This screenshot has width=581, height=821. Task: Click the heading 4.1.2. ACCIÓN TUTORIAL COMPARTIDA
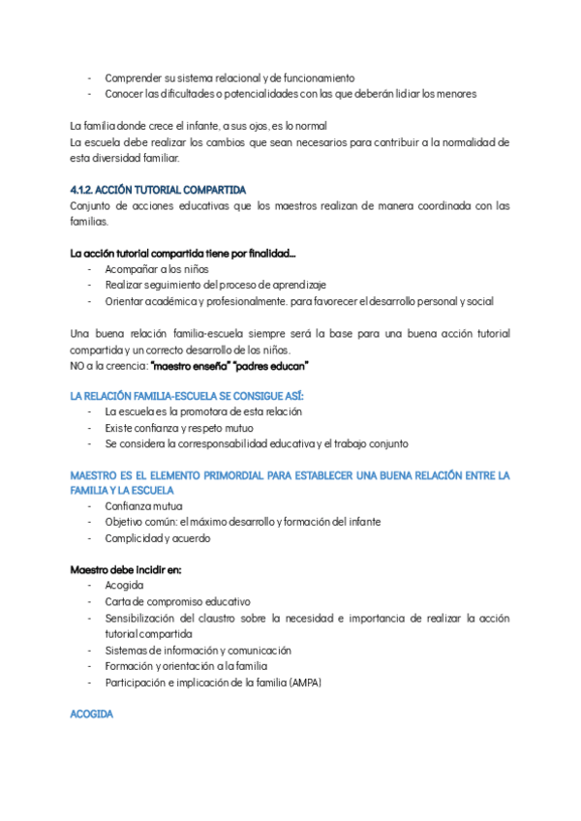[x=159, y=190]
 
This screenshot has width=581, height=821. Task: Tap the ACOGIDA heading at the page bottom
[x=91, y=715]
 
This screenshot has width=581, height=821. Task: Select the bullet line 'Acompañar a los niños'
[x=157, y=269]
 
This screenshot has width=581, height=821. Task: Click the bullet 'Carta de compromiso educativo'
[x=177, y=601]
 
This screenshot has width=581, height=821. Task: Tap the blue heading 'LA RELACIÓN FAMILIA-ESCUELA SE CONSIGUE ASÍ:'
[x=187, y=396]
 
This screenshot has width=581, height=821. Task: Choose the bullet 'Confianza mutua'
[x=143, y=506]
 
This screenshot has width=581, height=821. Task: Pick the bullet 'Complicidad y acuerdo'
[x=157, y=538]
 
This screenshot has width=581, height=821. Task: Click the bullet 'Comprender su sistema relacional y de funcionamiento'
[x=229, y=77]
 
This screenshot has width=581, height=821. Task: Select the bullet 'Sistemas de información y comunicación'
[x=199, y=651]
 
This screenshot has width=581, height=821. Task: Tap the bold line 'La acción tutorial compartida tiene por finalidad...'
[x=183, y=254]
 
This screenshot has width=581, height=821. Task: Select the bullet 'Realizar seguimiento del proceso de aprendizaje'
[x=215, y=285]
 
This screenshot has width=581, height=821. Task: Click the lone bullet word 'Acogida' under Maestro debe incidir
[x=124, y=586]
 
